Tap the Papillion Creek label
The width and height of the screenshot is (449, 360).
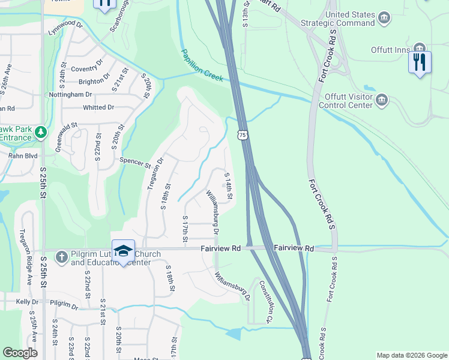pos(202,66)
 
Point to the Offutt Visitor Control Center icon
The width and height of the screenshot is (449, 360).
pos(382,100)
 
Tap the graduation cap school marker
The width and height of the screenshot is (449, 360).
pos(123,251)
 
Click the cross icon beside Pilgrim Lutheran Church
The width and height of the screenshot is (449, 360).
pos(61,257)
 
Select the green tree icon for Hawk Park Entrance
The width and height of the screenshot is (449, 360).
pos(40,131)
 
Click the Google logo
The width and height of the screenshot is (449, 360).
pos(20,353)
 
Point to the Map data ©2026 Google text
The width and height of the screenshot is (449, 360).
pos(412,355)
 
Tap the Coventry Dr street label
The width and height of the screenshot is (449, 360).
pos(88,69)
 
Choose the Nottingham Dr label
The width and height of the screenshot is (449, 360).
pos(71,95)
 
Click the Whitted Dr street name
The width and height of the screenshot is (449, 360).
pos(98,107)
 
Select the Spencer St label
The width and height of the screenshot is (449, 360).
pos(135,162)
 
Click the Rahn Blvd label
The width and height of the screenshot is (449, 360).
pos(23,156)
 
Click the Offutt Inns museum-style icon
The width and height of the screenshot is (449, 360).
pos(420,48)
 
